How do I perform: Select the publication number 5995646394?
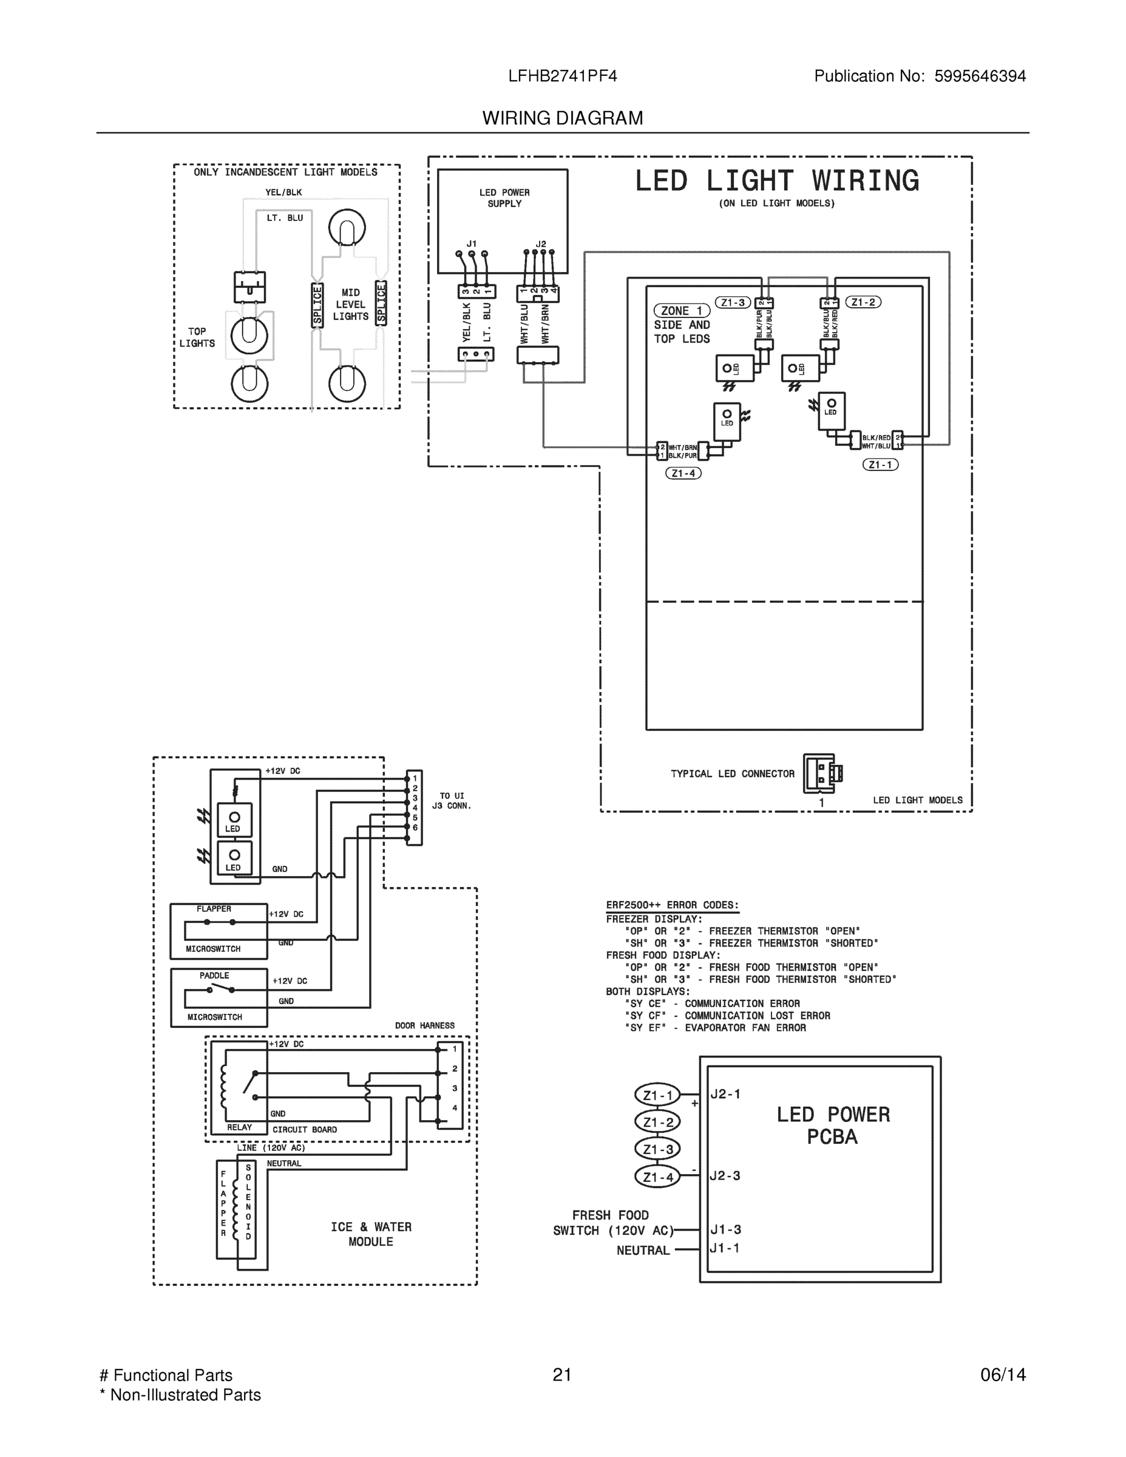[979, 76]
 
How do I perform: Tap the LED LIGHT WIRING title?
[776, 181]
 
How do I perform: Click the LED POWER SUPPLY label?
[504, 198]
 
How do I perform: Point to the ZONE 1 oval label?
[681, 311]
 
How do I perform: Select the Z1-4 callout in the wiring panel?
[683, 474]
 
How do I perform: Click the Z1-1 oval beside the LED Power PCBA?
[658, 1095]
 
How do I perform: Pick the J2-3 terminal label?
[725, 1176]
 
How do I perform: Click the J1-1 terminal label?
[725, 1248]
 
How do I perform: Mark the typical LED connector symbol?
[822, 773]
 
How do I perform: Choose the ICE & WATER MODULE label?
[371, 1234]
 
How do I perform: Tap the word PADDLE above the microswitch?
[214, 976]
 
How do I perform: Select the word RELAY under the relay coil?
[240, 1127]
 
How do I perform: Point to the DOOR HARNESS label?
[425, 1025]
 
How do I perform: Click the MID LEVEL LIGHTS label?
[350, 304]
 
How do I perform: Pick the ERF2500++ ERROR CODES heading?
[673, 905]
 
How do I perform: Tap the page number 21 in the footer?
[562, 1375]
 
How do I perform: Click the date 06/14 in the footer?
[1003, 1375]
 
